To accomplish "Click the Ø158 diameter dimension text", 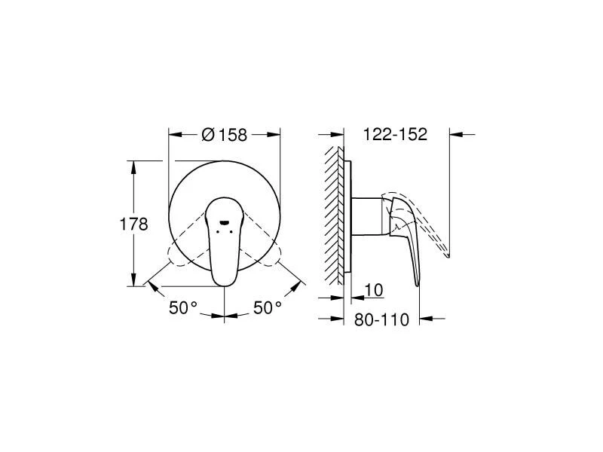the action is point(224,135).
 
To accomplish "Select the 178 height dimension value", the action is point(134,224).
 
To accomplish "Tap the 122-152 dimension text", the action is point(395,134).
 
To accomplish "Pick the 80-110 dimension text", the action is point(381,319).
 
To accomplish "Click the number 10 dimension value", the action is point(373,290).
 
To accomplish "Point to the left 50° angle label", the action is point(183,307).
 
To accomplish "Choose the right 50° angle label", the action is point(268,307).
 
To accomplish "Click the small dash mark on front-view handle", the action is point(224,222).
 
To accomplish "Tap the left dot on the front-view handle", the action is point(218,231).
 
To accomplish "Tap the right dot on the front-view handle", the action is point(231,231).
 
